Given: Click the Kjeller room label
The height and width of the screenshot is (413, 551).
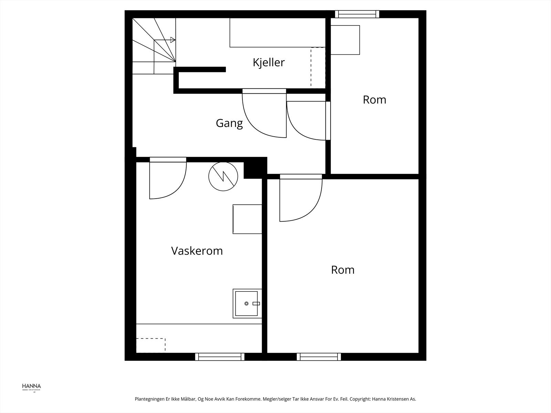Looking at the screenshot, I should (269, 63).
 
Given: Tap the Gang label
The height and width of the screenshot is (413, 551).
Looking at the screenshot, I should (229, 123).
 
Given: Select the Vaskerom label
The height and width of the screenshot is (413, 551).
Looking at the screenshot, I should (197, 251).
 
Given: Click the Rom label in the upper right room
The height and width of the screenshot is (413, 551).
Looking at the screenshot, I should (374, 100).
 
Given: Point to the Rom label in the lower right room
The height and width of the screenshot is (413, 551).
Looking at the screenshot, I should (343, 270).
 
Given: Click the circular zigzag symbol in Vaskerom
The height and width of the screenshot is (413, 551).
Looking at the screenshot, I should (223, 176).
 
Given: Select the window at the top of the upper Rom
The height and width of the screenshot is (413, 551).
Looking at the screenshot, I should (357, 14).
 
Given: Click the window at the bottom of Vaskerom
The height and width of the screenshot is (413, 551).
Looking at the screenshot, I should (220, 357).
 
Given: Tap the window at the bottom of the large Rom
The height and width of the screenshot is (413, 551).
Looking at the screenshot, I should (319, 357).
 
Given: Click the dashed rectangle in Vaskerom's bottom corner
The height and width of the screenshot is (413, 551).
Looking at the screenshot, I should (151, 345).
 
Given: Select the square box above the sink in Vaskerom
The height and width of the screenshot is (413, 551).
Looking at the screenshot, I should (247, 219).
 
